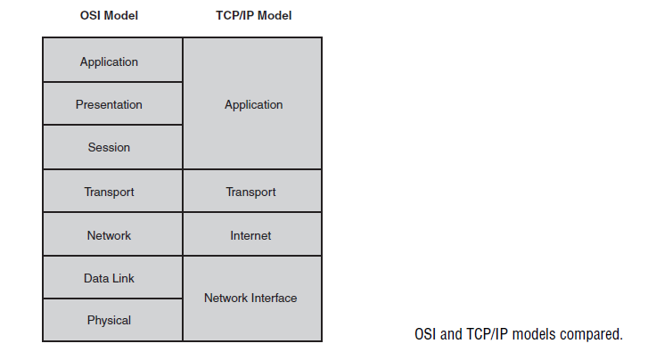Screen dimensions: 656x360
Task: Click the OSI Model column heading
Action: [109, 15]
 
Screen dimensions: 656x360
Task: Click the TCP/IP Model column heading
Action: [253, 15]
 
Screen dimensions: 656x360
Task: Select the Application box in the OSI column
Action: [112, 60]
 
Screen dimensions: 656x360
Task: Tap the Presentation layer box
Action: [112, 103]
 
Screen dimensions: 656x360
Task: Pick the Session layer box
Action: [112, 147]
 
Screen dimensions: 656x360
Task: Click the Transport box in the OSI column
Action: [112, 191]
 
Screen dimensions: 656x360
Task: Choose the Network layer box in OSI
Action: [112, 234]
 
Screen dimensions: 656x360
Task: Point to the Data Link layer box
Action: [112, 277]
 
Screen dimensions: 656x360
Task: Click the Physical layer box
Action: [112, 320]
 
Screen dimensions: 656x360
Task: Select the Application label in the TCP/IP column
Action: [253, 105]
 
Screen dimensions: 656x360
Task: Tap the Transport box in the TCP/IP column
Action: [252, 191]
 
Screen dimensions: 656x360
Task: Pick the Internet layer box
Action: [252, 234]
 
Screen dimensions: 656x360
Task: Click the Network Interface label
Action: [250, 299]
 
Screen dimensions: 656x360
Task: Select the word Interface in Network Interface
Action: [274, 299]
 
